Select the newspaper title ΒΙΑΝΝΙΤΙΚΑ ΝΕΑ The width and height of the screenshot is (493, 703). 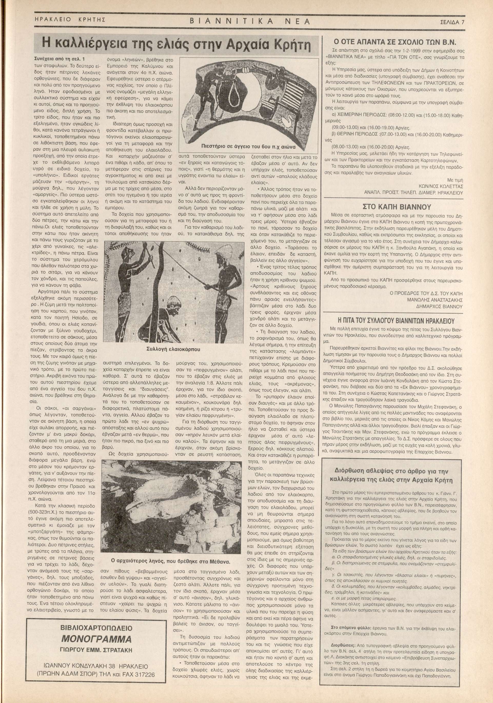[250, 22]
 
